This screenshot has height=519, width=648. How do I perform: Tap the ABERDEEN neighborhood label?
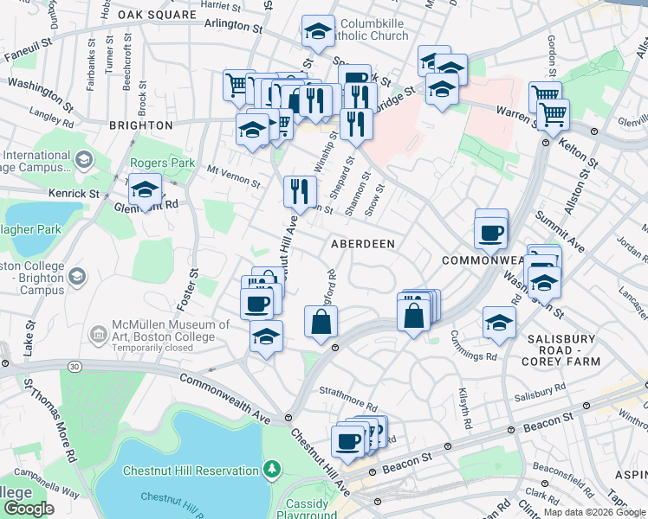click(363, 244)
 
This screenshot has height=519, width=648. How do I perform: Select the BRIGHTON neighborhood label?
click(141, 125)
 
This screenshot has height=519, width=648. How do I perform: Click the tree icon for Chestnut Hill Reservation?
click(273, 470)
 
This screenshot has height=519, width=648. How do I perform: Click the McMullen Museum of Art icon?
click(99, 331)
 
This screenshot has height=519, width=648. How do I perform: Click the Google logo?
click(28, 509)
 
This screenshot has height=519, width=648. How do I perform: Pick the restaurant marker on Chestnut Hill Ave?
click(300, 190)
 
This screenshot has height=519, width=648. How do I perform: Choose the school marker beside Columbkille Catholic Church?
click(318, 32)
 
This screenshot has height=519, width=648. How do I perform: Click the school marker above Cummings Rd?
click(499, 322)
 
